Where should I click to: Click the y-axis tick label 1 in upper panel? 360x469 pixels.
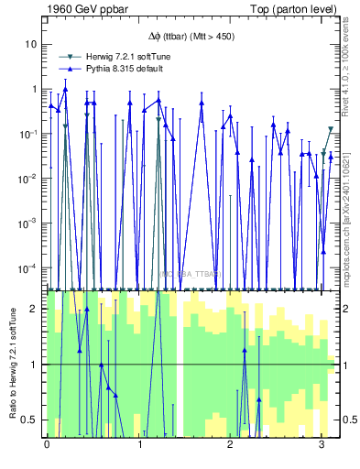[34, 89]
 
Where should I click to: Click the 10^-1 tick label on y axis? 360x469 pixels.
[29, 134]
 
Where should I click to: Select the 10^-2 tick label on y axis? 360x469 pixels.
[29, 179]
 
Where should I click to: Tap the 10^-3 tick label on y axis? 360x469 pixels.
[29, 224]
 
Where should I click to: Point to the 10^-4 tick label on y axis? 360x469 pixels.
[29, 268]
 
